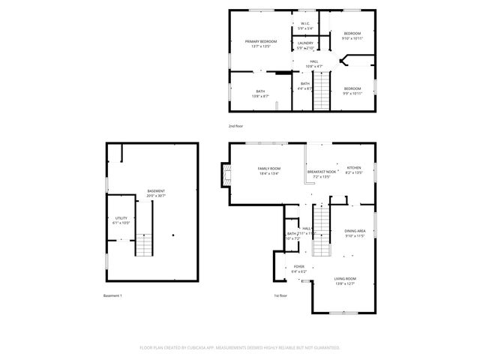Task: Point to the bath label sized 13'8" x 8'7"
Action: pyautogui.click(x=260, y=94)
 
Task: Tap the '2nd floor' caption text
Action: pyautogui.click(x=236, y=126)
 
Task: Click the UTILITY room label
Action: pyautogui.click(x=121, y=220)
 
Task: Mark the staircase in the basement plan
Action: pyautogui.click(x=144, y=245)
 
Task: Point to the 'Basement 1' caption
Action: pyautogui.click(x=112, y=295)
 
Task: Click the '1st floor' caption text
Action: pyautogui.click(x=281, y=295)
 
